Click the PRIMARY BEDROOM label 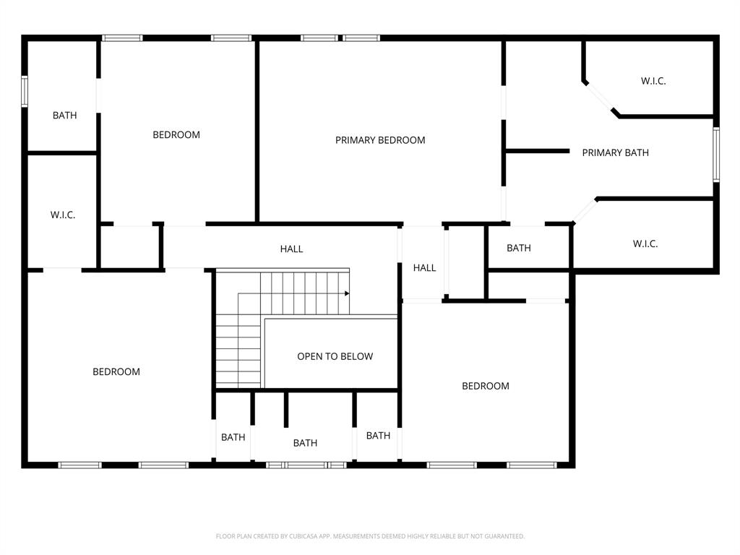click(380, 140)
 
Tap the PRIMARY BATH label click(615, 152)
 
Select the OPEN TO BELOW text click(335, 356)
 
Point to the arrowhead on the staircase click(347, 293)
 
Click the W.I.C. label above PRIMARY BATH click(653, 81)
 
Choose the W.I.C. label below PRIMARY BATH click(645, 244)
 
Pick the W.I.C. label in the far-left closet click(63, 215)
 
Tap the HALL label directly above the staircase click(291, 249)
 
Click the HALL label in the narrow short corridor click(424, 267)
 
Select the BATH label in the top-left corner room click(64, 115)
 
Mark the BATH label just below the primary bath click(518, 248)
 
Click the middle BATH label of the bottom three click(305, 443)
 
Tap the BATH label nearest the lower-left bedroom click(233, 437)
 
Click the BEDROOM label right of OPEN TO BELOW click(486, 386)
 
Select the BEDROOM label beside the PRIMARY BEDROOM click(176, 134)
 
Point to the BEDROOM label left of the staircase click(116, 371)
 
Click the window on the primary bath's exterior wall click(715, 154)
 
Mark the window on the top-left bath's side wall click(25, 92)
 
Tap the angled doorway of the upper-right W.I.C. click(598, 98)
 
